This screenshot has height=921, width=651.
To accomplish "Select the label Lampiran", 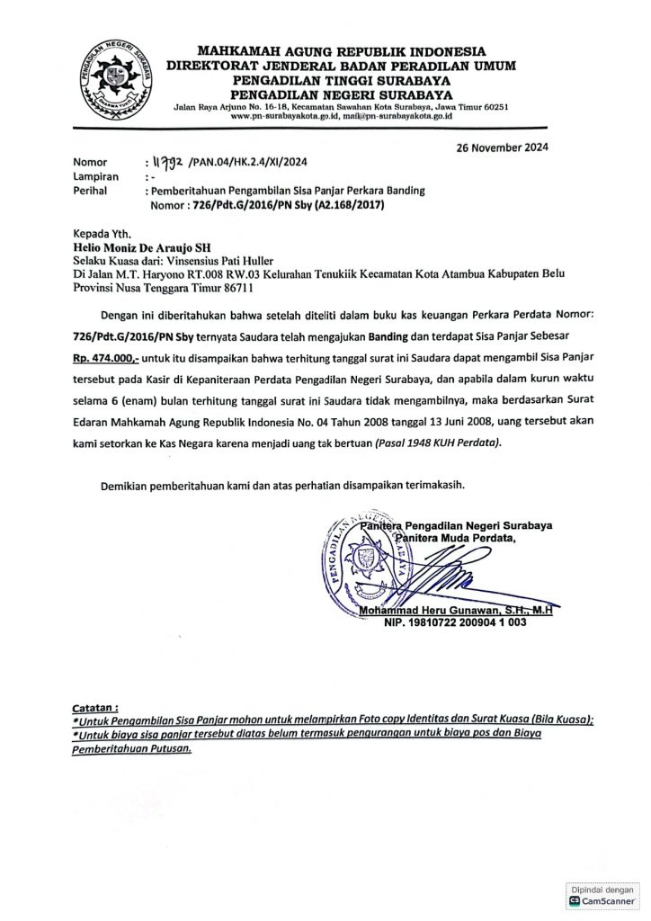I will (x=95, y=178).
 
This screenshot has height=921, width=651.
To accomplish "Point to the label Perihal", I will (x=91, y=192).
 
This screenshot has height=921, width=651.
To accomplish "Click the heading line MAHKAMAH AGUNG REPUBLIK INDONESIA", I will (x=341, y=51).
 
